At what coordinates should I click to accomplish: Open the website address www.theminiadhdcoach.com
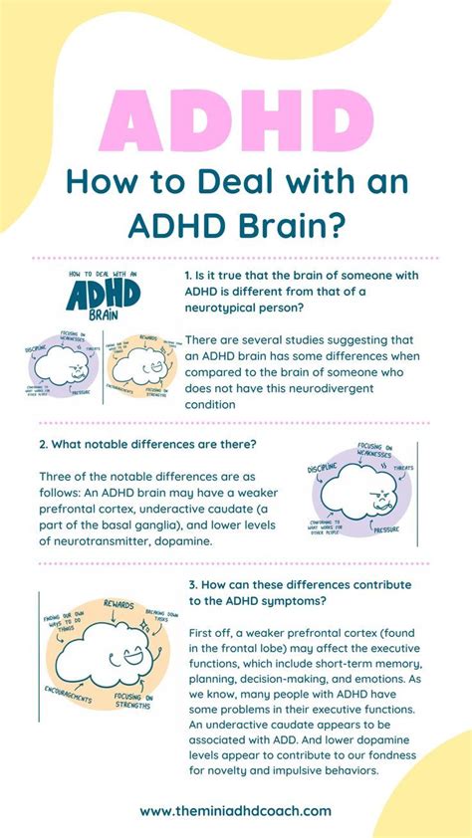click(235, 811)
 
